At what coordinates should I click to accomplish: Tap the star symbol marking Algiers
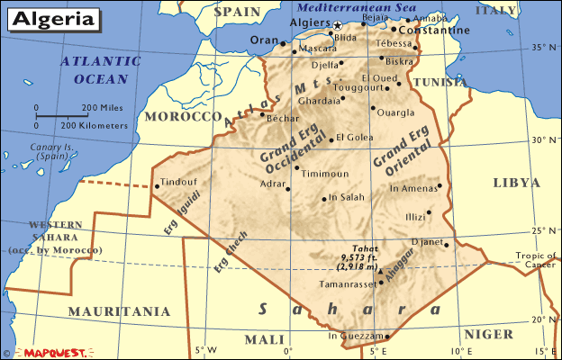point(338,25)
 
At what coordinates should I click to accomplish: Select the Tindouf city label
point(178,180)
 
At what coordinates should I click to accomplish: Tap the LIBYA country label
point(516,183)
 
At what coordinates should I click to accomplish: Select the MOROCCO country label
point(184,117)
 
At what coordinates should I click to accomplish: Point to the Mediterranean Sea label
point(349,8)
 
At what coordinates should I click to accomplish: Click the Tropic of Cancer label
point(536,258)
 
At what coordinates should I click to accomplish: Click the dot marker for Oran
point(283,43)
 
